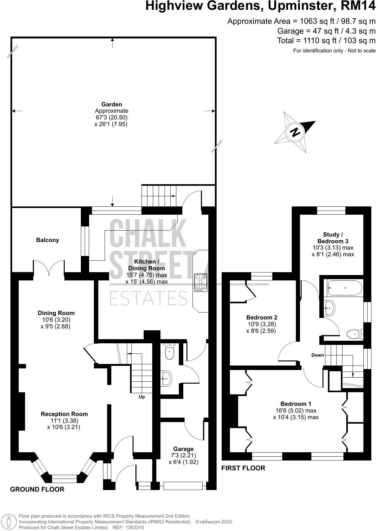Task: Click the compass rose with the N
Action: point(295,132)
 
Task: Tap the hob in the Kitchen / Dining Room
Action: point(201,282)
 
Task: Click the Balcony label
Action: point(48,240)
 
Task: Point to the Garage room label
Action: point(183,449)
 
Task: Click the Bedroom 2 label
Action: point(262,317)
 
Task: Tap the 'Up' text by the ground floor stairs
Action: point(142,397)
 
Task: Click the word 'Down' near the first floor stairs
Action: point(317,355)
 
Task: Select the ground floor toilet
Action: point(170,352)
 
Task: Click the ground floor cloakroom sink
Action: point(167,378)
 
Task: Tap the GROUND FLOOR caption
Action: point(37,489)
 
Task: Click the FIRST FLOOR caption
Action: point(243,468)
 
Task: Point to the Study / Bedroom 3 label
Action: point(333,238)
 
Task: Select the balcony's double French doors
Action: point(49,267)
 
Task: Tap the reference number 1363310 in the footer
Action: point(134,527)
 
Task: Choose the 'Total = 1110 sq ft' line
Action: point(326,41)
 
